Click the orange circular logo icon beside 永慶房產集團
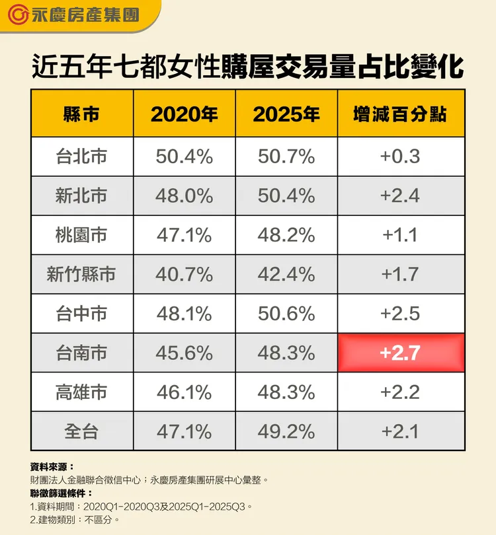20,15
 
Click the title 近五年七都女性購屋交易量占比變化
247,67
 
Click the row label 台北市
82,157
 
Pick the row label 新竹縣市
82,274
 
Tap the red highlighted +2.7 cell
400,353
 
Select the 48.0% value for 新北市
185,196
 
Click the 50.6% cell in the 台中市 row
286,313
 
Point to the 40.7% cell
185,274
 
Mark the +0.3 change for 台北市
400,157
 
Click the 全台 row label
82,431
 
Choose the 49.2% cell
286,431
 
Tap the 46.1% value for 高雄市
185,392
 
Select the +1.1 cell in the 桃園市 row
400,235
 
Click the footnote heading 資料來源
53,466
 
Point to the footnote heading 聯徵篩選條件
62,493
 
